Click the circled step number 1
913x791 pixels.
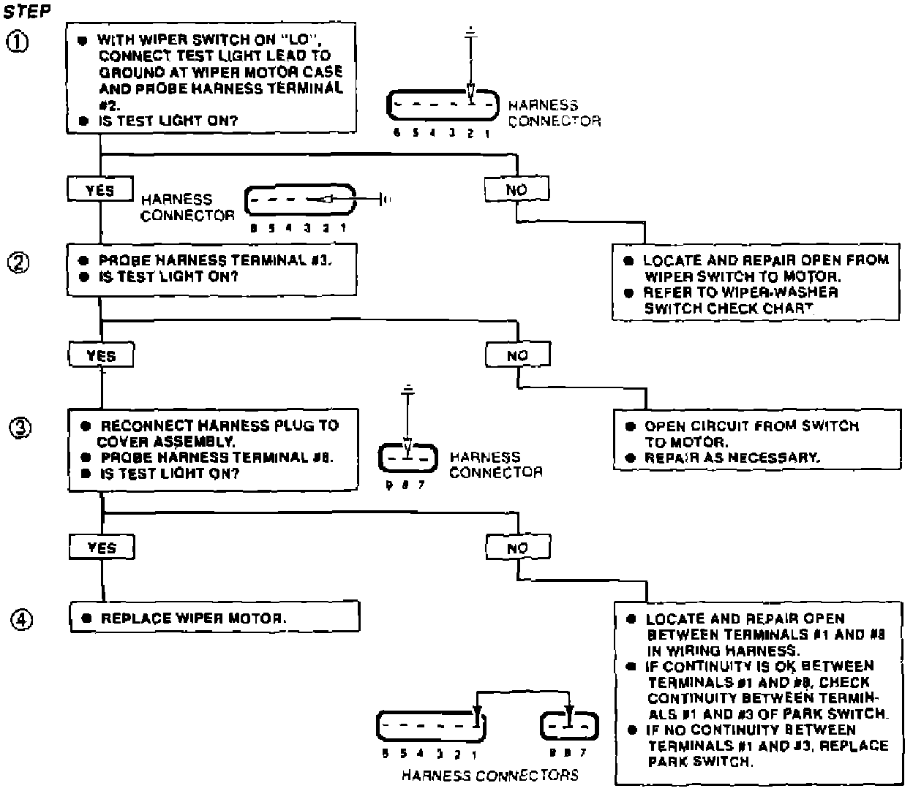[19, 42]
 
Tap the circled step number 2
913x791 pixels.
[19, 262]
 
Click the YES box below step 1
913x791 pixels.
[100, 190]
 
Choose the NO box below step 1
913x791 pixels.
[516, 190]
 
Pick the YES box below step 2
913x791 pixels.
[101, 356]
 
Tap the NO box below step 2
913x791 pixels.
[517, 356]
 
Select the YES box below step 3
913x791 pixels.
[102, 548]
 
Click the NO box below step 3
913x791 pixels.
[518, 548]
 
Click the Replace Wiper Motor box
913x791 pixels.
[214, 618]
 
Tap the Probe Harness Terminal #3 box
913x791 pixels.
[211, 269]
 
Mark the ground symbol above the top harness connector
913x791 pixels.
[471, 33]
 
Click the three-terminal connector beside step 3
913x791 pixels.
[407, 459]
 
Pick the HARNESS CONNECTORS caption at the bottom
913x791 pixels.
[489, 776]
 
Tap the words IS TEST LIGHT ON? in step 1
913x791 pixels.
[168, 121]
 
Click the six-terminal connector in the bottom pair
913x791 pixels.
[431, 726]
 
